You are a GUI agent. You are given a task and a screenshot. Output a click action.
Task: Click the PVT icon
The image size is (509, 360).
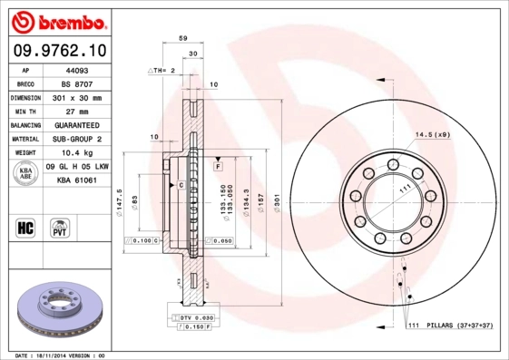click(61, 227)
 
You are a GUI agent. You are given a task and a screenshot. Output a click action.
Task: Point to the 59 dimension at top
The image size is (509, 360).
click(182, 39)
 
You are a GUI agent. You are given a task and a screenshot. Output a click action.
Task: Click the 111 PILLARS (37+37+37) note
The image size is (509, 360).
click(448, 326)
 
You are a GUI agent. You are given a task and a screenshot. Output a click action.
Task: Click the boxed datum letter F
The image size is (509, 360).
click(218, 168)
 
